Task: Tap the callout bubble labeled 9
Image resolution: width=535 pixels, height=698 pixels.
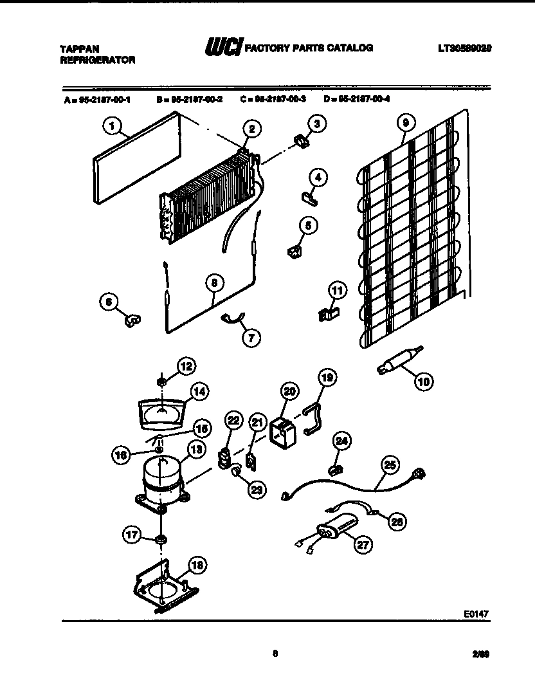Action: (405, 122)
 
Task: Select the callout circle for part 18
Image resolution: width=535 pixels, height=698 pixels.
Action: (197, 566)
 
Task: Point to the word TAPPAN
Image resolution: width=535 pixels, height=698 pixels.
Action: (74, 48)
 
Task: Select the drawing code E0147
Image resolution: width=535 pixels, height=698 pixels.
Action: (476, 614)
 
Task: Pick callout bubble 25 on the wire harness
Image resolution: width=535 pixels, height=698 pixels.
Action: (390, 463)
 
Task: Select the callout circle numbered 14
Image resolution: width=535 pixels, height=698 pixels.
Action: (201, 391)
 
